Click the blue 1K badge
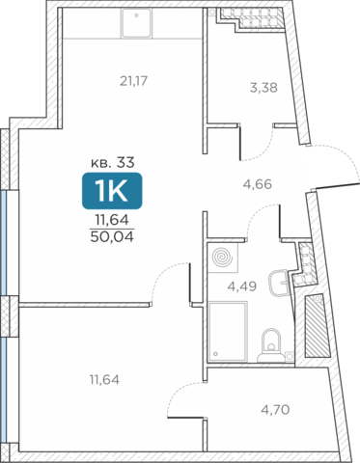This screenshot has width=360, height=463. tap(112, 191)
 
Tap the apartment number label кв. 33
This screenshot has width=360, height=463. tap(113, 163)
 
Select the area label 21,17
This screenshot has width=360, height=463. tap(133, 81)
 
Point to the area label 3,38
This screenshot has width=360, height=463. tap(263, 88)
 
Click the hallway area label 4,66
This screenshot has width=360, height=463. tap(258, 184)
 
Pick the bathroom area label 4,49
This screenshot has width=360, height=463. tap(242, 286)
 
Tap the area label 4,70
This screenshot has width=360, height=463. tap(275, 410)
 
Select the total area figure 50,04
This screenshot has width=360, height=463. tap(112, 237)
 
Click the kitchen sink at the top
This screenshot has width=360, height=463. tap(136, 23)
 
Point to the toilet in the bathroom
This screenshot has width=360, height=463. tap(271, 345)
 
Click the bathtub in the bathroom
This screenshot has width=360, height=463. tap(228, 332)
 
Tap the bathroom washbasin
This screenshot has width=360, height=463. tap(280, 283)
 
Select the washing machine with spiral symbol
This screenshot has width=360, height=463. tap(223, 258)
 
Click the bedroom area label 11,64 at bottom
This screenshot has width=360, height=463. tap(104, 380)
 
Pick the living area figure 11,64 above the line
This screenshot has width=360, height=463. tap(112, 220)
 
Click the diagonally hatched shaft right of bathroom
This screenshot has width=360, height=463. tap(318, 325)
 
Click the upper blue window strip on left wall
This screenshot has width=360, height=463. tap(3, 242)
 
